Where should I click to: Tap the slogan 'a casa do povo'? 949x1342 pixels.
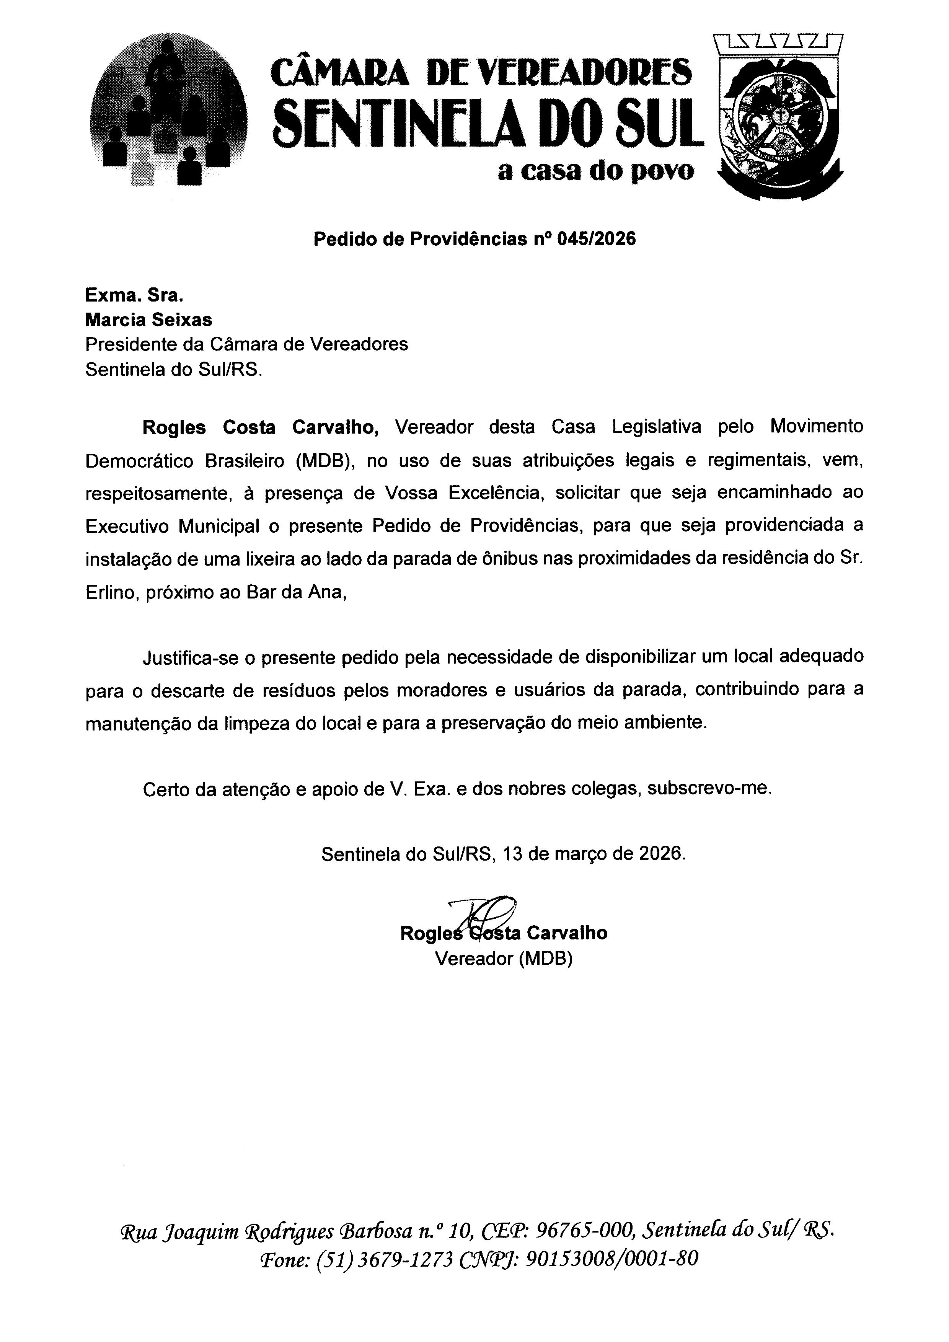pyautogui.click(x=595, y=171)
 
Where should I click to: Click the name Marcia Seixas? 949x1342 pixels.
pyautogui.click(x=148, y=320)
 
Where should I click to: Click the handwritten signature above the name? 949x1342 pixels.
pyautogui.click(x=483, y=912)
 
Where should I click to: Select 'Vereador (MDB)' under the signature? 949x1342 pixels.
pyautogui.click(x=504, y=959)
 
